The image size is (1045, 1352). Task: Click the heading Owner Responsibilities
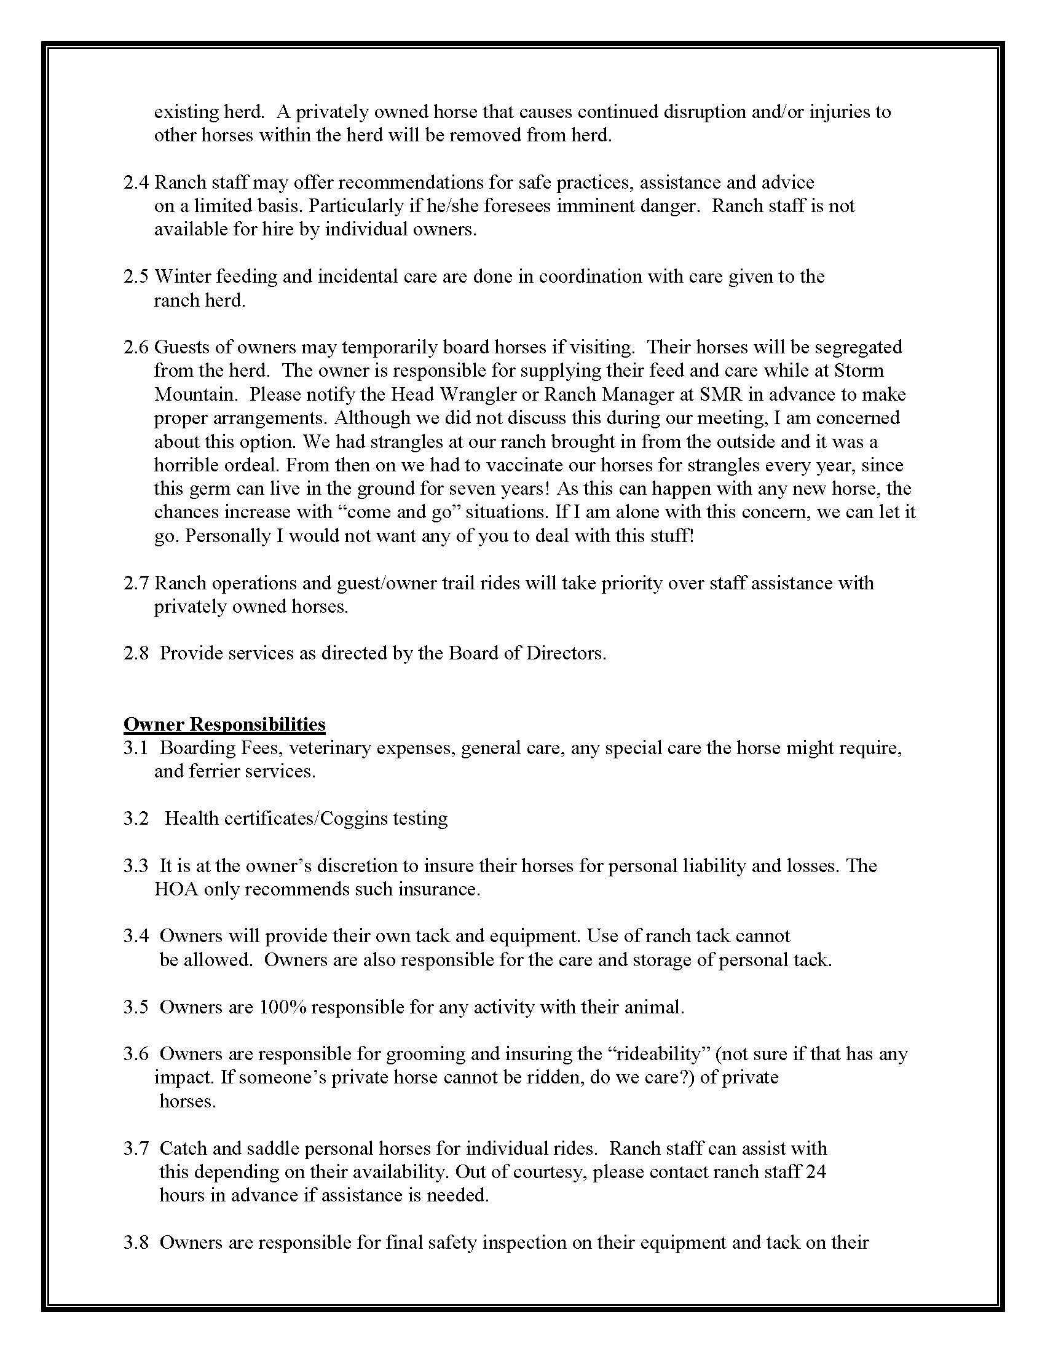click(x=224, y=724)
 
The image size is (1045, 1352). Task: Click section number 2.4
click(x=136, y=183)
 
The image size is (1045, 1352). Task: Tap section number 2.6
click(x=136, y=347)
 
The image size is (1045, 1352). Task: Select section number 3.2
click(x=136, y=819)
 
